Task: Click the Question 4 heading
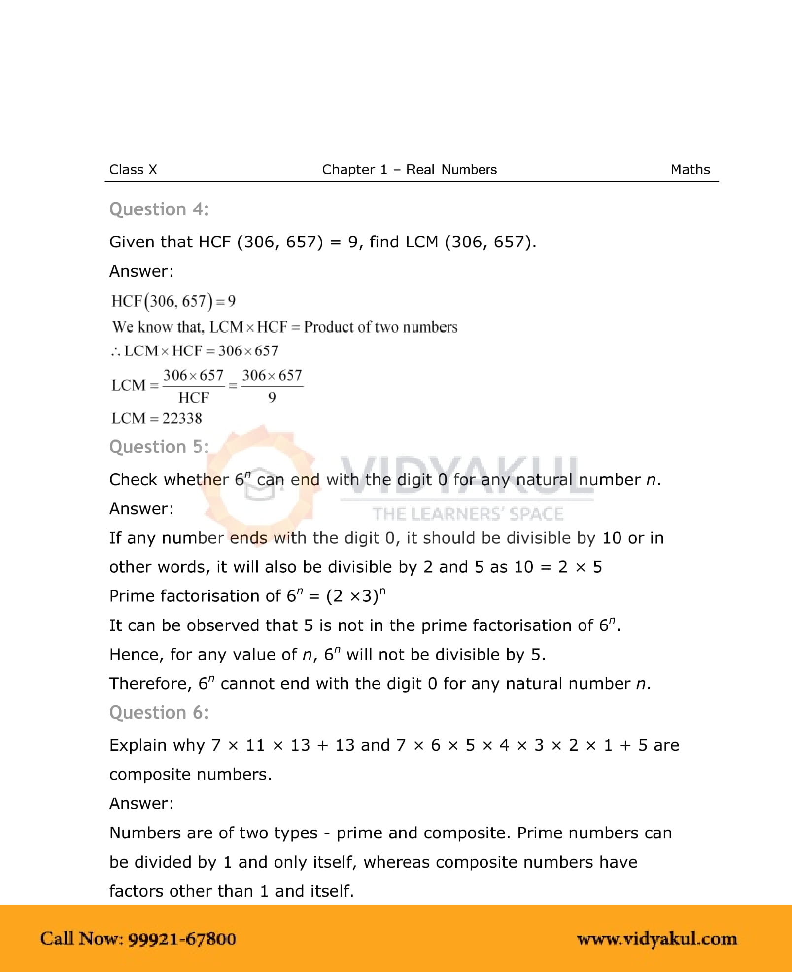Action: (x=159, y=209)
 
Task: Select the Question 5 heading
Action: (x=159, y=447)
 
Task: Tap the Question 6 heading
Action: (x=159, y=713)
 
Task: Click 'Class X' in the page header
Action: (x=133, y=170)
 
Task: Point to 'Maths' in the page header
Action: (x=690, y=170)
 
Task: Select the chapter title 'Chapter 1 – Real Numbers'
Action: (x=409, y=170)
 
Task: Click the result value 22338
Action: (x=182, y=418)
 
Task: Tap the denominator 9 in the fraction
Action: (x=272, y=397)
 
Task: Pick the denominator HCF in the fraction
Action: (x=193, y=397)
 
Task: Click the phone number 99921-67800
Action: (x=182, y=939)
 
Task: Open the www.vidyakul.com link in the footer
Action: (x=657, y=939)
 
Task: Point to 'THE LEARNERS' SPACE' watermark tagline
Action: (x=467, y=514)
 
